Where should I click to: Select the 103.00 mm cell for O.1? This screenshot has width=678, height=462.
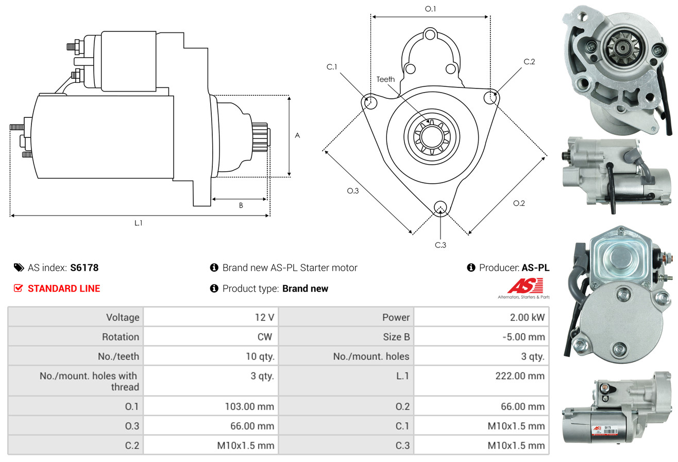(249, 406)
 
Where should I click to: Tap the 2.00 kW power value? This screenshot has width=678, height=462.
(527, 317)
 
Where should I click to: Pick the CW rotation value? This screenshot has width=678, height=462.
(266, 337)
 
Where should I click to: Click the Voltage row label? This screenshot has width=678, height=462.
(123, 317)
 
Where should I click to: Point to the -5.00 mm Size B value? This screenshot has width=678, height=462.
(523, 337)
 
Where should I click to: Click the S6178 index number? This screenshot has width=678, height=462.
(84, 268)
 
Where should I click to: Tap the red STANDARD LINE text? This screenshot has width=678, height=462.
(64, 289)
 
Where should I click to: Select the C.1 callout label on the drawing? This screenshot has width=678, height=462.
(331, 67)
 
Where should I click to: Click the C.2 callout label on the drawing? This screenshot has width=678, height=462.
(529, 62)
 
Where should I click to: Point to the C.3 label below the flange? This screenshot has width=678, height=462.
(440, 245)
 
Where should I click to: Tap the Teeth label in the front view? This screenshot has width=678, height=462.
(385, 79)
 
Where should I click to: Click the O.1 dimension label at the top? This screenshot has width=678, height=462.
(430, 9)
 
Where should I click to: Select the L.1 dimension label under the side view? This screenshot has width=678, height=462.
(138, 223)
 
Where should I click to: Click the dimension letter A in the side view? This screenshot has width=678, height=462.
(297, 135)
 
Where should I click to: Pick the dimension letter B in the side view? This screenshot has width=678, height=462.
(241, 205)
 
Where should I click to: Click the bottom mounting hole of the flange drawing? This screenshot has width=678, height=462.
(440, 207)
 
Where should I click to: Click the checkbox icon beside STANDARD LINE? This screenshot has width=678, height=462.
(18, 289)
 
